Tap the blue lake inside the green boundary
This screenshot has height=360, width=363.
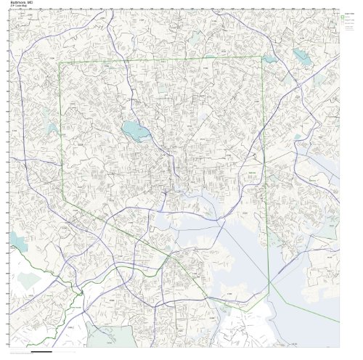click(x=134, y=131)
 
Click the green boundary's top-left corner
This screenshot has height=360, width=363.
click(x=59, y=63)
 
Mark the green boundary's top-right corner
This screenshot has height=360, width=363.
click(x=261, y=57)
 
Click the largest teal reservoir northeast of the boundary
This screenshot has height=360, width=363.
click(x=300, y=56)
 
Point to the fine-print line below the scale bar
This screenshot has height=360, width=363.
click(x=44, y=356)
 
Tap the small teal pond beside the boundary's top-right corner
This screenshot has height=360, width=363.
click(x=270, y=59)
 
